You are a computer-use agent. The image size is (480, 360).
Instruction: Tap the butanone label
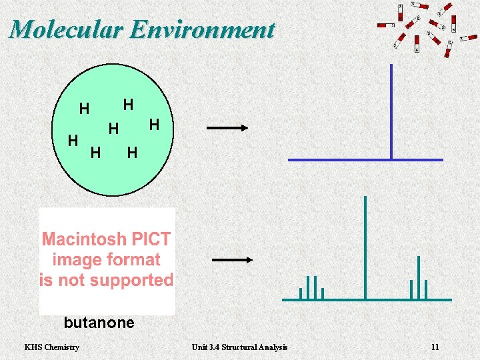coord(99,323)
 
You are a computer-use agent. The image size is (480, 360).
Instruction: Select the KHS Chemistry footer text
coord(51,347)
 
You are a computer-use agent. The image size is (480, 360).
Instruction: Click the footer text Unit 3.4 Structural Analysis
coord(239,347)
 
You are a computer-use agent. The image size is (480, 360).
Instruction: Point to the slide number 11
coord(435,347)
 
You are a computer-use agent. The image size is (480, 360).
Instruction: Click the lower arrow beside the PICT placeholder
coord(232,261)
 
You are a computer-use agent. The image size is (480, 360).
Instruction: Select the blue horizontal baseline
coord(365,160)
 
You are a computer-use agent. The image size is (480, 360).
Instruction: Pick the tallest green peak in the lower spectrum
coord(365,247)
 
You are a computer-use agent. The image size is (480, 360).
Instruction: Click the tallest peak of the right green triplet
coord(419,277)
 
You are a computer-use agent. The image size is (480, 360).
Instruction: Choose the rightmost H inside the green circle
coord(154,124)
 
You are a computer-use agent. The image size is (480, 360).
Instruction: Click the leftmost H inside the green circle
coord(73,140)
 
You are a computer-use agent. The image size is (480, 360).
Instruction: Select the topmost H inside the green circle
coord(128,105)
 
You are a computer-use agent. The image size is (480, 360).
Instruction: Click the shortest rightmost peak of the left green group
coord(323,293)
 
